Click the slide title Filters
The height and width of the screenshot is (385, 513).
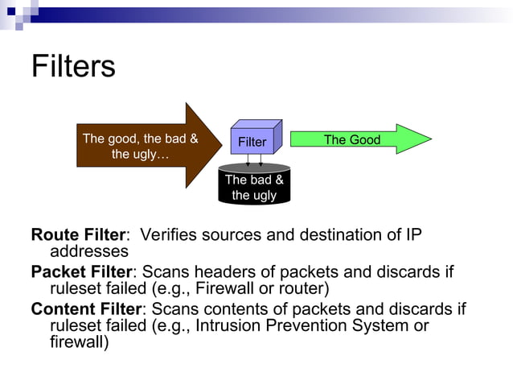tap(73, 66)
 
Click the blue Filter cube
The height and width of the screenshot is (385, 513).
tap(253, 141)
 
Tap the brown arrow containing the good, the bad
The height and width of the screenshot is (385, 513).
tap(141, 146)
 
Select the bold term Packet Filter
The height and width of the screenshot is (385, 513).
tap(80, 272)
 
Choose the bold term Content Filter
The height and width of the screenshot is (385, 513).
tap(85, 309)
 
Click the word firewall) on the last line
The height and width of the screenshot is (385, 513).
tap(79, 342)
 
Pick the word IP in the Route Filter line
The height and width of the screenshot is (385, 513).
tap(412, 235)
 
